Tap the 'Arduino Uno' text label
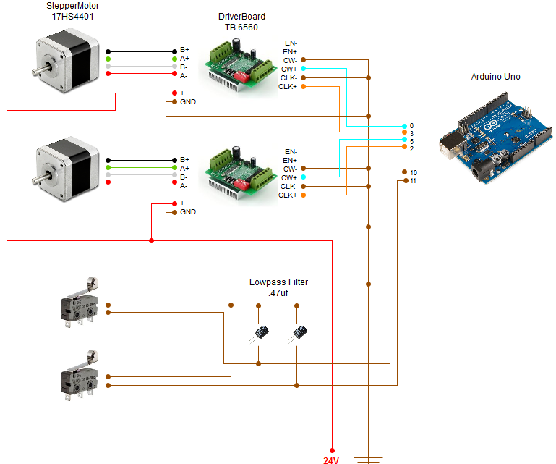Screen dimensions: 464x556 [x=495, y=77]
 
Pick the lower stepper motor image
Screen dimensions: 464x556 [x=65, y=169]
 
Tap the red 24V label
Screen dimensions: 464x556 [x=332, y=459]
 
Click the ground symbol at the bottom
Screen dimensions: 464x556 [x=369, y=459]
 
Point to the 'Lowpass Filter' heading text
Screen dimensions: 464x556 [x=278, y=282]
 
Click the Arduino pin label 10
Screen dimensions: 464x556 [x=413, y=172]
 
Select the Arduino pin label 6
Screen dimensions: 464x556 [x=411, y=126]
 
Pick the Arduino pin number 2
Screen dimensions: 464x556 [x=411, y=148]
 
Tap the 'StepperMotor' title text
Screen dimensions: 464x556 [x=65, y=6]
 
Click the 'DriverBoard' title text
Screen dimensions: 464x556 [x=241, y=17]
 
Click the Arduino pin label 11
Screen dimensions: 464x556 [x=413, y=180]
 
